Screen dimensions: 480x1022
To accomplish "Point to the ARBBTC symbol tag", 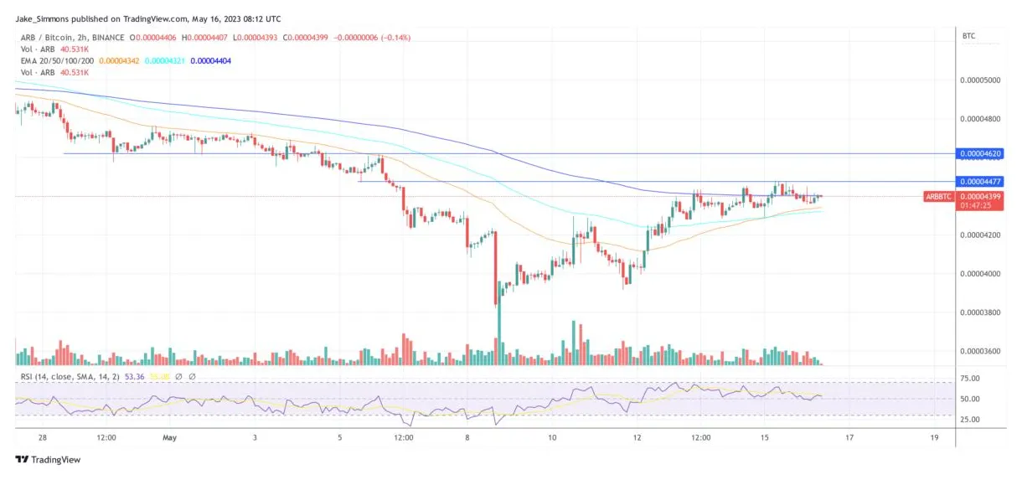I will coord(938,196).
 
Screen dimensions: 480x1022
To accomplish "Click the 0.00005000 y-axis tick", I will coord(980,80).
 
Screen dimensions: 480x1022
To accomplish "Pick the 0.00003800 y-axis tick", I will coord(980,312).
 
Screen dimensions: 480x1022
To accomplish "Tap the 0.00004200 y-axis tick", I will coord(980,235).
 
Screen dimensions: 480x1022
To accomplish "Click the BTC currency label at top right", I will coord(968,37).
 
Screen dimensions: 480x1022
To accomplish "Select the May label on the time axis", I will coord(170,437).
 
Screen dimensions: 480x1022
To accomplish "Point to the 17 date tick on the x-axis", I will coord(849,437).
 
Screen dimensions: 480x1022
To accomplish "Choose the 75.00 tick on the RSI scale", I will coord(970,379).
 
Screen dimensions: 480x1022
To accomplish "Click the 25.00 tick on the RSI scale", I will coord(970,418).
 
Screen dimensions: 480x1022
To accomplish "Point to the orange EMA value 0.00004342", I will coord(121,61).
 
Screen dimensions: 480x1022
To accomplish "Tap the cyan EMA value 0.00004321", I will coord(166,61).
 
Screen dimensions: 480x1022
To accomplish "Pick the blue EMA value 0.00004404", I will coord(211,61).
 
